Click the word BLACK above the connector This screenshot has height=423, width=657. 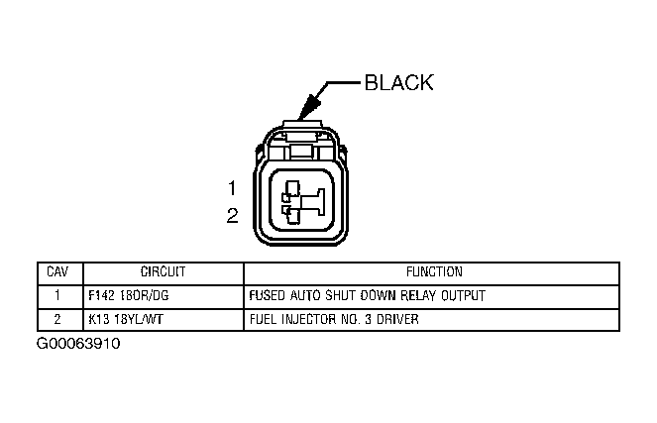point(398,83)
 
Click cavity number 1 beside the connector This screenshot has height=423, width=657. point(231,188)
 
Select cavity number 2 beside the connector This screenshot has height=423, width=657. point(232,215)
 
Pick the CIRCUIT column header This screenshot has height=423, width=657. point(163,271)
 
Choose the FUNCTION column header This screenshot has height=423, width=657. point(433,271)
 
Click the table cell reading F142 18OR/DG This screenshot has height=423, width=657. point(129,295)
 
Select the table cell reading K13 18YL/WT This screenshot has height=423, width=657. point(126,319)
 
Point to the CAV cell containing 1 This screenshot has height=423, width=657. point(58,295)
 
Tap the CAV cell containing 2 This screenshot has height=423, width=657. point(58,319)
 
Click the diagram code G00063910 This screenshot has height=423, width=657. point(79,345)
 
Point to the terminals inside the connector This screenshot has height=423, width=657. point(301,198)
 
